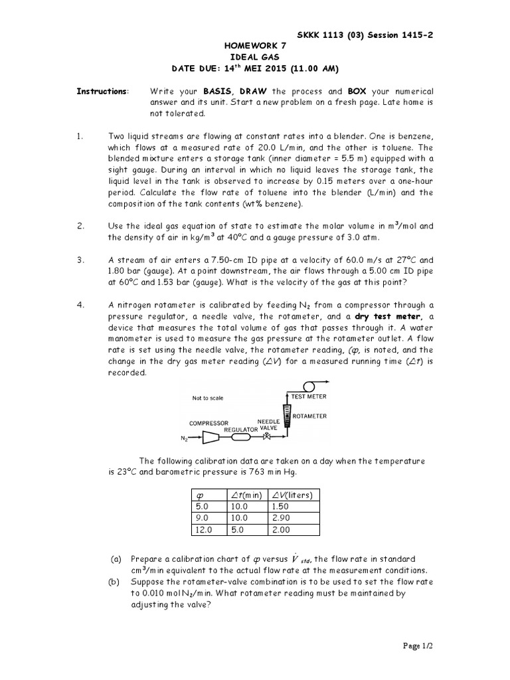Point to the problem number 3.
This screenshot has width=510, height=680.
point(80,260)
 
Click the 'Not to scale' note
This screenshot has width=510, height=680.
point(208,398)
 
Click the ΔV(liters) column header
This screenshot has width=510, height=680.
point(292,495)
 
